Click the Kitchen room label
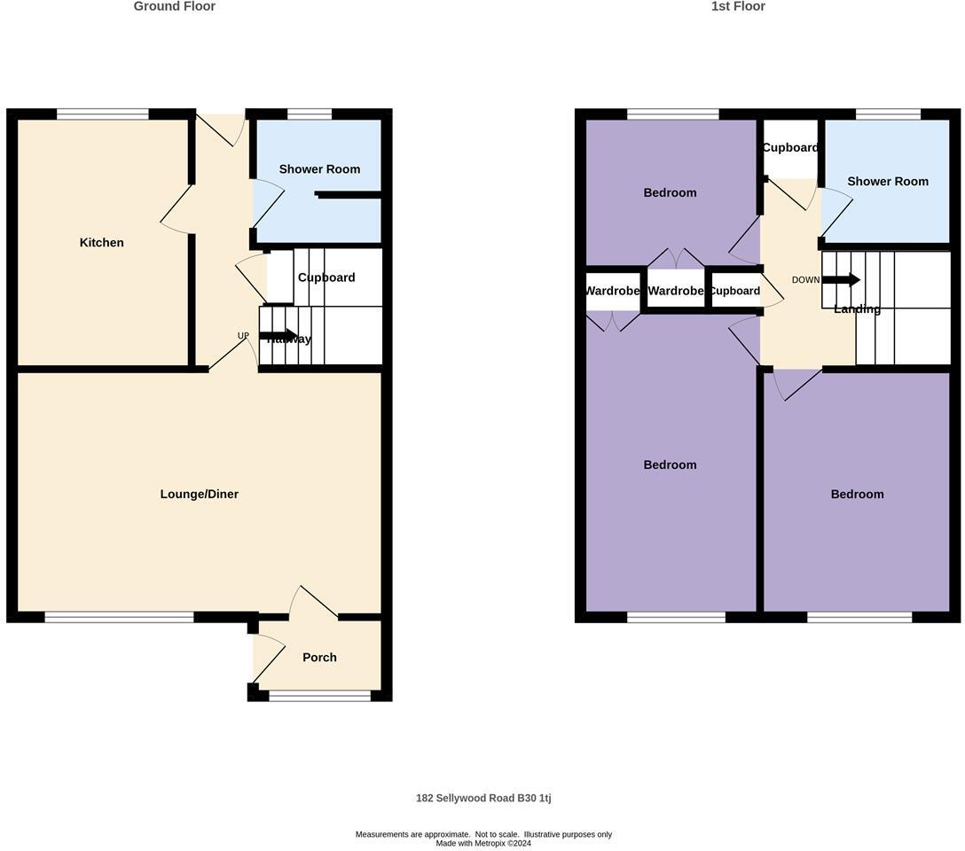tap(102, 243)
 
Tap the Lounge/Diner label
tap(200, 495)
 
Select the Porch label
tap(319, 658)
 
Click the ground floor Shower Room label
tap(319, 169)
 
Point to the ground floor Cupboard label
tap(326, 277)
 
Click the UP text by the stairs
tap(243, 336)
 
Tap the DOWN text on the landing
tap(805, 280)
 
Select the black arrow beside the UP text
tap(278, 335)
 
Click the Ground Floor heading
tap(175, 6)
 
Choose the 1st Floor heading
tap(738, 6)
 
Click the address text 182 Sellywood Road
tap(483, 798)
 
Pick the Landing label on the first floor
tap(857, 309)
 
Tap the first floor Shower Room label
tap(888, 182)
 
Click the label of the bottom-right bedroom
tap(857, 495)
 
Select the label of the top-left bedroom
tap(670, 193)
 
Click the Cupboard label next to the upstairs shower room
tap(790, 148)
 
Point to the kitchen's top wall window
tap(103, 113)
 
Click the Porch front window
tap(320, 697)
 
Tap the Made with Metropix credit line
tap(483, 843)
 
